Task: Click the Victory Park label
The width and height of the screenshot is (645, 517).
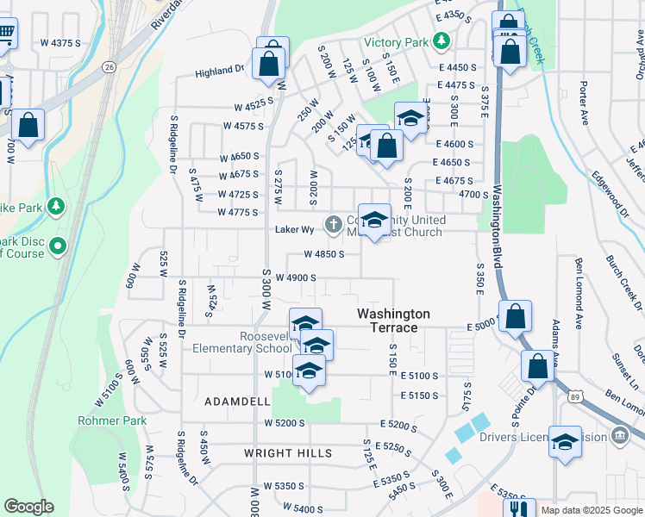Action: [396, 41]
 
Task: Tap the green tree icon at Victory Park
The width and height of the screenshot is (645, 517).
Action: [441, 40]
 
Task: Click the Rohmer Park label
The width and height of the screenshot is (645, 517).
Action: [112, 420]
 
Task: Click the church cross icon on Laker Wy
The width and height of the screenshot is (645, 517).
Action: [334, 225]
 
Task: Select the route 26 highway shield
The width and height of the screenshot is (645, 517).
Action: [109, 66]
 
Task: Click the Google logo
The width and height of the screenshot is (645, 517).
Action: [28, 507]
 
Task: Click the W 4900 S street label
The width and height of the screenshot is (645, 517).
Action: [290, 277]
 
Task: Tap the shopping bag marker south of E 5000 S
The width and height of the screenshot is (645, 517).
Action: [537, 366]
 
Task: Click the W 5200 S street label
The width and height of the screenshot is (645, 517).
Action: [285, 423]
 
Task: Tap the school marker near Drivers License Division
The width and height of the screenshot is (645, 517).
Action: [565, 442]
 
